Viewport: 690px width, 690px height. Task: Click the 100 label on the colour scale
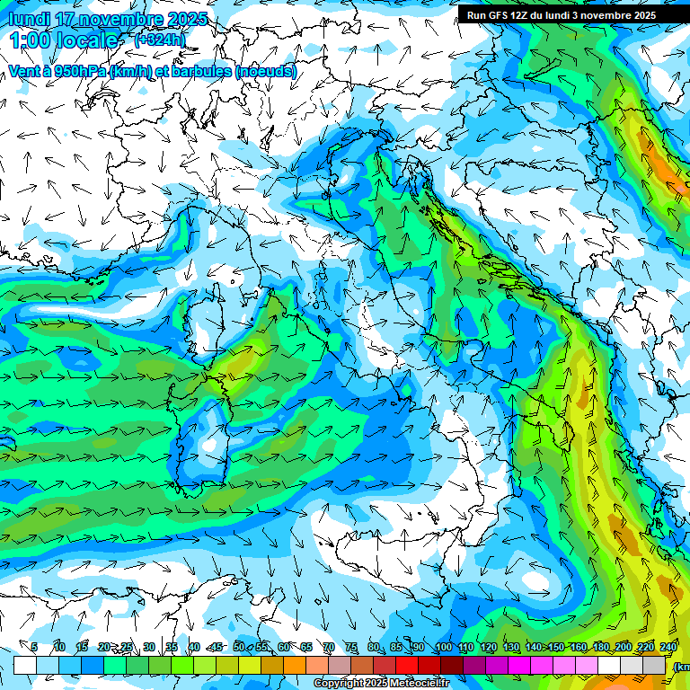(444, 647)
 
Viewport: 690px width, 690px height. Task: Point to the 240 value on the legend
(668, 647)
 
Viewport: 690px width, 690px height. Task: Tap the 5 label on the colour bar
(34, 647)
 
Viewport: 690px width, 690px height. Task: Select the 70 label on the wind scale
(329, 647)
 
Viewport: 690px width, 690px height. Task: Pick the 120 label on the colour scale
(489, 647)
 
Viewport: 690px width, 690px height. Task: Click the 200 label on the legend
(624, 647)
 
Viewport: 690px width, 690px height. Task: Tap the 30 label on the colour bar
(149, 647)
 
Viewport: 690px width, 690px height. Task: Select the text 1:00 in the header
(30, 40)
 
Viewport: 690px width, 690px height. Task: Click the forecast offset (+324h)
(160, 40)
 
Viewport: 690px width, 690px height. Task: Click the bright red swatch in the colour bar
(407, 665)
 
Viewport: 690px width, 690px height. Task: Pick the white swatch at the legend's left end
(25, 665)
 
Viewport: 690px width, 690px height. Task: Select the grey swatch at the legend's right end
(655, 665)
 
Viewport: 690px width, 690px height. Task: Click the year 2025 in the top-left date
(188, 19)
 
